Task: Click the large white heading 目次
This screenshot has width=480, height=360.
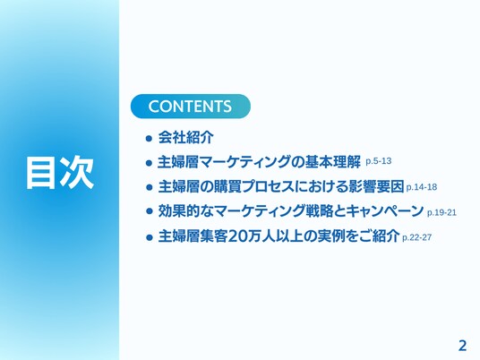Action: pos(60,172)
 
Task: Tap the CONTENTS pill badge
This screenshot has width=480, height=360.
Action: pos(191,107)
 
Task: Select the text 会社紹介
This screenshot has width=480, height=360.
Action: pos(185,137)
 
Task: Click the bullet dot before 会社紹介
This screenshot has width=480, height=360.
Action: pos(149,139)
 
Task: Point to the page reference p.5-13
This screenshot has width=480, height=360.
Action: pos(379,161)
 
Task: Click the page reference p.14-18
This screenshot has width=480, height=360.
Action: pos(421,187)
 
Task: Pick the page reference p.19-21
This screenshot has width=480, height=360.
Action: pos(441,212)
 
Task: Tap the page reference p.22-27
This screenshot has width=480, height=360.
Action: pos(416,237)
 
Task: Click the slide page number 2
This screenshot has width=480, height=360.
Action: pos(463,346)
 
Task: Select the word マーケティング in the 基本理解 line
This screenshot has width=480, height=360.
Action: pos(244,162)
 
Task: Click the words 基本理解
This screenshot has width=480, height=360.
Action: pos(332,162)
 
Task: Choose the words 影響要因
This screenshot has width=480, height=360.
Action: pos(376,187)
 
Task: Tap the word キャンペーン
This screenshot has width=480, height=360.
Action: pos(385,211)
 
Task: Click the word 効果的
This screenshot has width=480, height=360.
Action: pos(179,211)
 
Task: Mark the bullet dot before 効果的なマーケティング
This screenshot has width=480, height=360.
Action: pos(149,211)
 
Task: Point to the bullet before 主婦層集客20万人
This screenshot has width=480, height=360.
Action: pos(149,237)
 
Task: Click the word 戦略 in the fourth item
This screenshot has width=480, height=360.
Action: pos(320,211)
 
